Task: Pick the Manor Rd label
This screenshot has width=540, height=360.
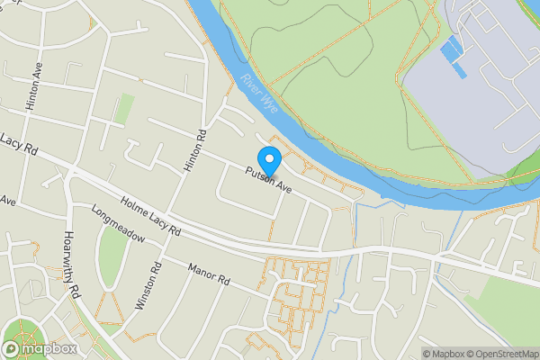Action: point(210,274)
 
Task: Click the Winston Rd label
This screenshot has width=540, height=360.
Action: point(147,286)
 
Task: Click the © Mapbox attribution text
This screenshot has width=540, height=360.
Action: point(440,354)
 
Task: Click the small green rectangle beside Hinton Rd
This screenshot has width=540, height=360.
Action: point(124,109)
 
